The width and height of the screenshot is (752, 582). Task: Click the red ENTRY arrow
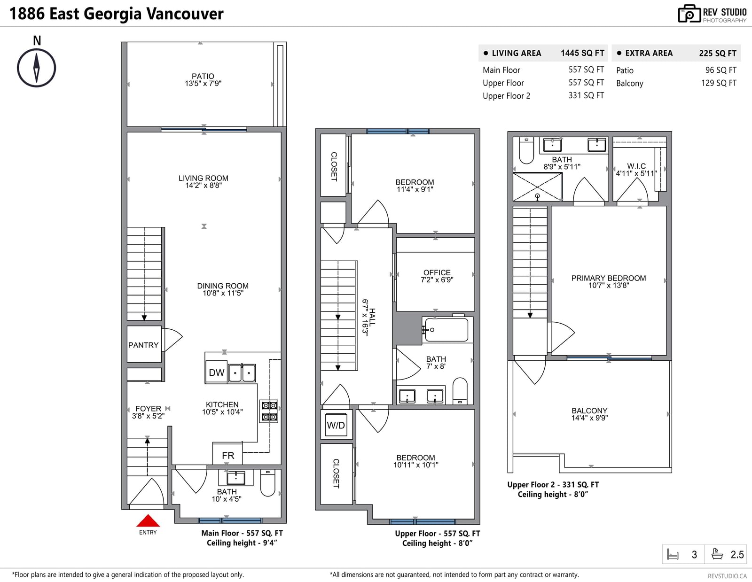tap(148, 520)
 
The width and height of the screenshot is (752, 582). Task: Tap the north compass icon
tap(36, 68)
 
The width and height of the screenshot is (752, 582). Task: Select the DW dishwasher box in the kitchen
tap(217, 372)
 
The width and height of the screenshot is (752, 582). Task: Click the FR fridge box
tap(227, 454)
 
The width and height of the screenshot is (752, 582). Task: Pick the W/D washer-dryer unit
tap(336, 425)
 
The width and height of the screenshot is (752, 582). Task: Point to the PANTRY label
tap(143, 345)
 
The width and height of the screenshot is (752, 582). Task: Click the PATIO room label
tap(203, 76)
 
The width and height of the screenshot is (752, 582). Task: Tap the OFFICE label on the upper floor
tap(437, 272)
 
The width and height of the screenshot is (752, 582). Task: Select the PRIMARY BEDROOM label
tap(608, 278)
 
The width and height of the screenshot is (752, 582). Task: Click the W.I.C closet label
tap(636, 166)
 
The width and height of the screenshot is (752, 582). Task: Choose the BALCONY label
tap(589, 411)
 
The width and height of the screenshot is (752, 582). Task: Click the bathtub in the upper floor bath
tap(446, 330)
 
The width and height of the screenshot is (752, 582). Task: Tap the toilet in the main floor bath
tap(267, 483)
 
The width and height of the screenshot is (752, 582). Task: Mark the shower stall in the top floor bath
tap(537, 187)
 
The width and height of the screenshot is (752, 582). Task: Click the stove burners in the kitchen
tap(269, 411)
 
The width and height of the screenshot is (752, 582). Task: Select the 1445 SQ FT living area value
tap(582, 53)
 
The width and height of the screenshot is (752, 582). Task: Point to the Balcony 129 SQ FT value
tap(719, 83)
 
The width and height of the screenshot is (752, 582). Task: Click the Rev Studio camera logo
tap(689, 14)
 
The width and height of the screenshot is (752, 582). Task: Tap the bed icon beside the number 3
tap(673, 554)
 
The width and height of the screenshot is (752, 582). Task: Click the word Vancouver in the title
tap(185, 14)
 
